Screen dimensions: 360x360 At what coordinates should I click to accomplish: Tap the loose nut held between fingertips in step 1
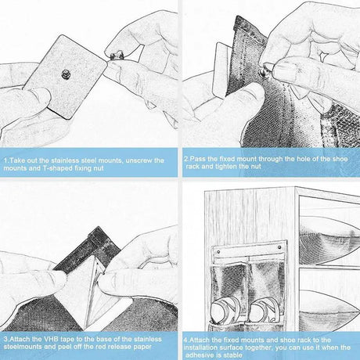pyautogui.click(x=117, y=55)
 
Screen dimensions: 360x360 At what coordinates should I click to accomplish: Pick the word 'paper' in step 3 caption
pyautogui.click(x=142, y=347)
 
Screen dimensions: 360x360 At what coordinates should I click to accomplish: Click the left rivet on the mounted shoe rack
pyautogui.click(x=218, y=252)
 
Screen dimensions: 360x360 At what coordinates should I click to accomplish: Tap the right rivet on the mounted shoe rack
pyautogui.click(x=279, y=247)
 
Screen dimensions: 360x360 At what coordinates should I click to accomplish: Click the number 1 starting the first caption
pyautogui.click(x=5, y=160)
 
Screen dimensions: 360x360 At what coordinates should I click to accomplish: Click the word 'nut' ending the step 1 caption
pyautogui.click(x=99, y=168)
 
